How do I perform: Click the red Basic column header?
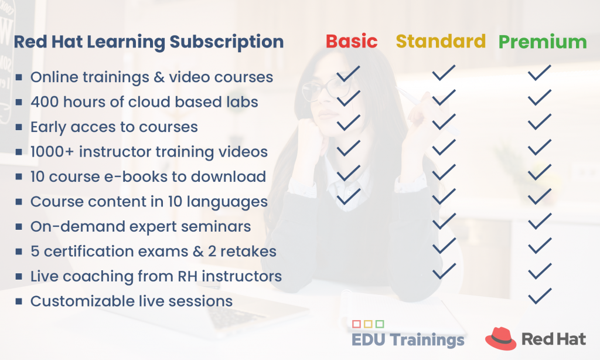click(x=352, y=42)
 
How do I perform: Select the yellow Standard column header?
click(x=441, y=41)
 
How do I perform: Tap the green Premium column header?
click(x=542, y=42)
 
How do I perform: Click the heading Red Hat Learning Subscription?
click(x=149, y=42)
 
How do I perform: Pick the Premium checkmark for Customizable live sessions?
click(x=539, y=296)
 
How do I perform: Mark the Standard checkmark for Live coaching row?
click(x=444, y=270)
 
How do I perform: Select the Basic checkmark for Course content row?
click(x=349, y=196)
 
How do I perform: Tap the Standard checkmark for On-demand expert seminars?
click(x=444, y=221)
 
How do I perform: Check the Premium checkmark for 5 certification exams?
click(x=539, y=246)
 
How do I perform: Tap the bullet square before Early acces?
click(x=19, y=127)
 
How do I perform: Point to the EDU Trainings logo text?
click(x=408, y=339)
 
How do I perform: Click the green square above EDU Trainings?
click(x=380, y=324)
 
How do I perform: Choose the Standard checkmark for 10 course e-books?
click(x=444, y=172)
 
